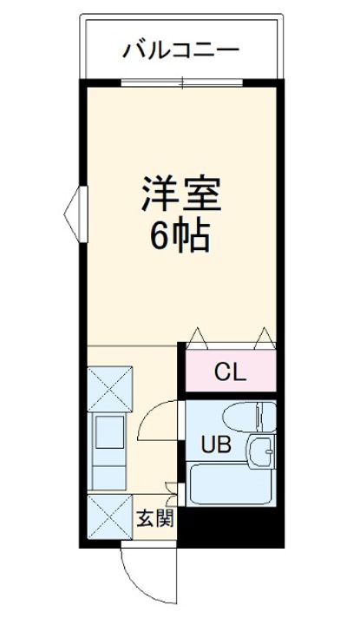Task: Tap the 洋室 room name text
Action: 181,194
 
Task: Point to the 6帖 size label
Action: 181,235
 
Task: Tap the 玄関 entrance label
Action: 156,519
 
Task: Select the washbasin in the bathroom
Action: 262,452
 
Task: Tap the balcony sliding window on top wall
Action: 182,83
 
